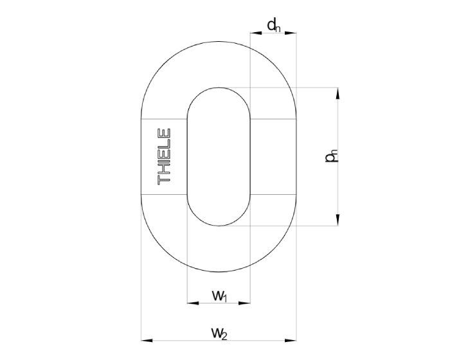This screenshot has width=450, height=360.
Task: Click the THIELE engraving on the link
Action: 164,156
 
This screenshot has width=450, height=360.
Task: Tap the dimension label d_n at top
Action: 273,26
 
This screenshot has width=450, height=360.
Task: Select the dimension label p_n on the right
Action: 331,156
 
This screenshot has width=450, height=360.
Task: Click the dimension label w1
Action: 220,296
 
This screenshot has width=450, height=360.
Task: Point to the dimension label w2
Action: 220,334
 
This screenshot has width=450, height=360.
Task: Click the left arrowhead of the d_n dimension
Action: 256,33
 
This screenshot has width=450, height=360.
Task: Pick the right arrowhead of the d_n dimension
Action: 291,33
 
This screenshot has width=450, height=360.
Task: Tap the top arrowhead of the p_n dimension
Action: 337,93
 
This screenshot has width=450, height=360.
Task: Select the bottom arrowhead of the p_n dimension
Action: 337,220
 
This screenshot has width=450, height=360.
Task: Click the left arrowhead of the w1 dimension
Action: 193,303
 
